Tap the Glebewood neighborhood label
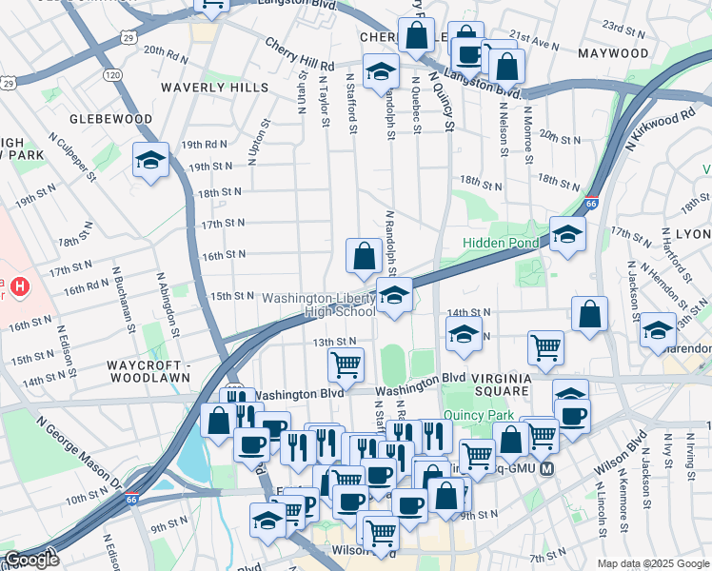tap(109, 119)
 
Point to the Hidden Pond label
tap(501, 243)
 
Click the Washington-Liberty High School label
tap(319, 305)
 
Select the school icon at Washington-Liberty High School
tap(394, 295)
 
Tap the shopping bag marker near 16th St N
tap(364, 255)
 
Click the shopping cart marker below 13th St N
tap(346, 364)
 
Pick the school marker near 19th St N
tap(150, 160)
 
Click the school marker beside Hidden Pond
tap(567, 233)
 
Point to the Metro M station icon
tap(546, 468)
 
